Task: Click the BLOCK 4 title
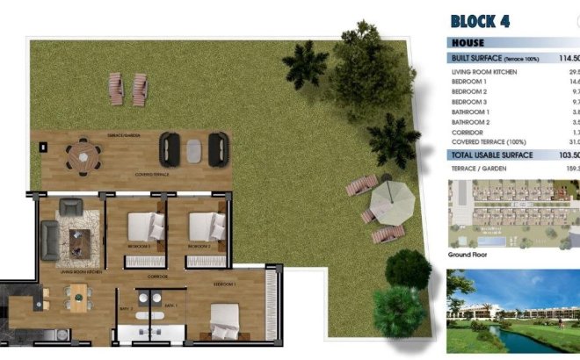click(480, 21)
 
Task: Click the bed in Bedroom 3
click(141, 227)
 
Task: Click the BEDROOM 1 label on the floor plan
click(224, 285)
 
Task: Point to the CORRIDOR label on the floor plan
click(158, 277)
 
